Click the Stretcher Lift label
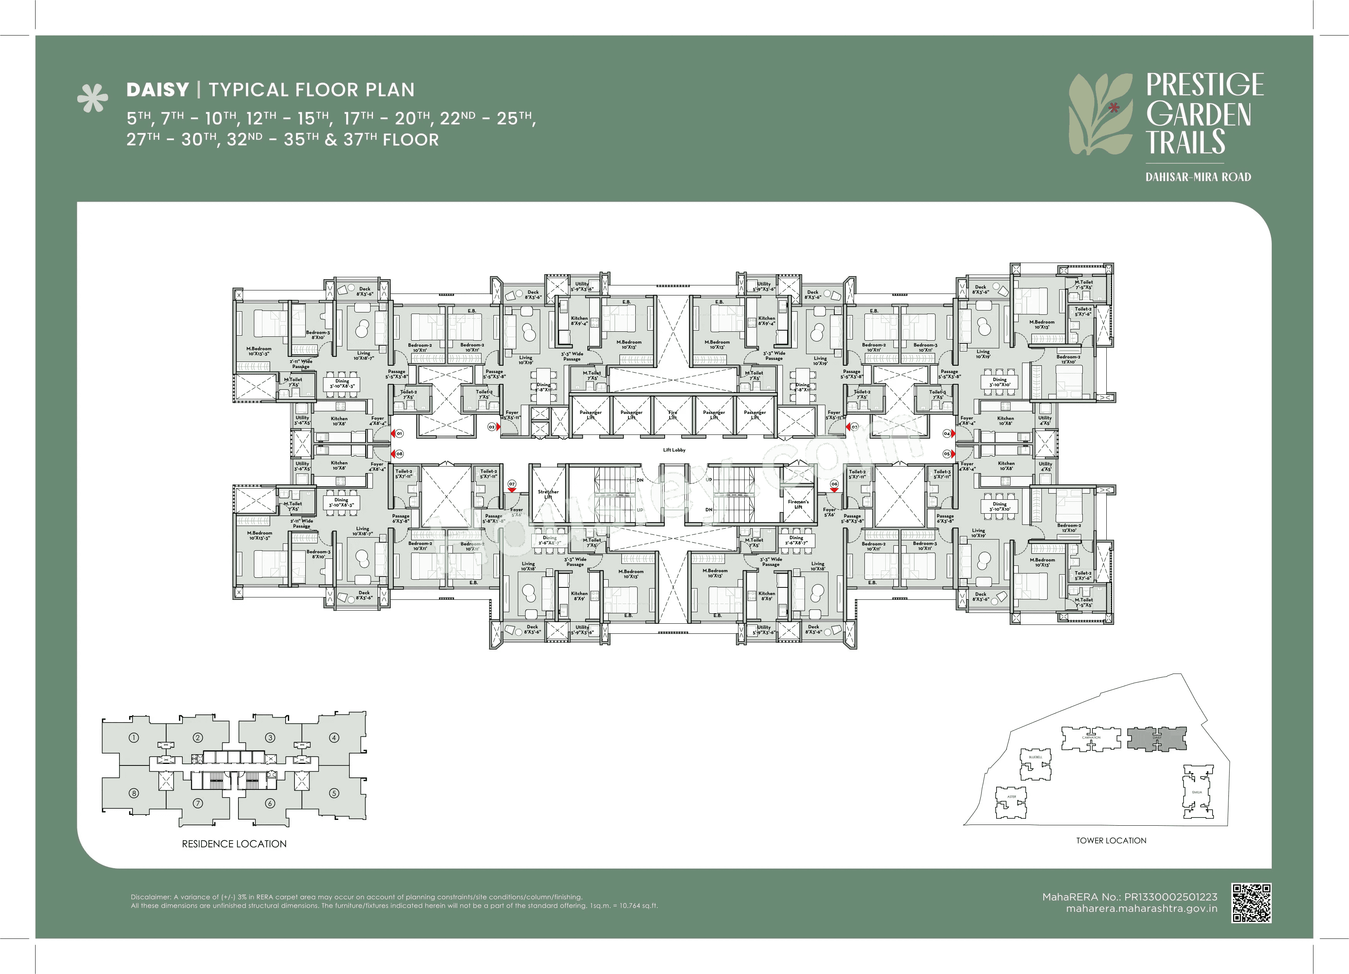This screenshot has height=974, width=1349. pos(548,494)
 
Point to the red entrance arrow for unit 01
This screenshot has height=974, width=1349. pos(393,433)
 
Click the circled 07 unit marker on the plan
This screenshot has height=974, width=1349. pos(512,484)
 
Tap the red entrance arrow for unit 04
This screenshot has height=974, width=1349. pos(953,433)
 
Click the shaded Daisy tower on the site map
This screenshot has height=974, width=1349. pos(1156,738)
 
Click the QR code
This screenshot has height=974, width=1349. pos(1252,903)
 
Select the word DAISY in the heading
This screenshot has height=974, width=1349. pos(158,90)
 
